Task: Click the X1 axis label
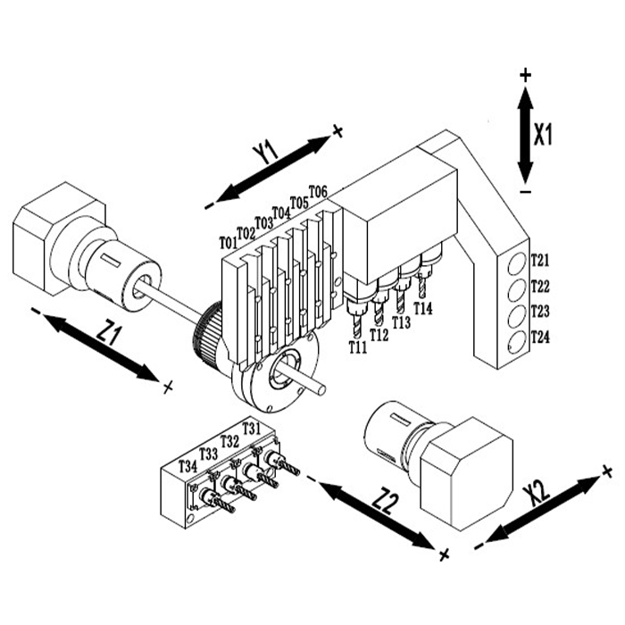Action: pos(543,135)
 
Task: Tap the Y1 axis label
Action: pos(265,153)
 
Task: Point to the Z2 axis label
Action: pos(386,502)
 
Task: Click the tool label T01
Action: pos(229,242)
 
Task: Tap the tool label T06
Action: pos(318,191)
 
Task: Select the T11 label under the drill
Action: pos(358,347)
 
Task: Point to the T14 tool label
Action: pos(423,308)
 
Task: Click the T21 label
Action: pos(540,261)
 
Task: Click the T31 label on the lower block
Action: pos(251,428)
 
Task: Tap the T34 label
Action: pos(187,465)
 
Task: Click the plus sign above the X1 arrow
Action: pos(526,74)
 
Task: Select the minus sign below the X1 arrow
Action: pos(526,192)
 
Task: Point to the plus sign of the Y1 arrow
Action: pos(337,130)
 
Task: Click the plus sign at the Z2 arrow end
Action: pos(444,554)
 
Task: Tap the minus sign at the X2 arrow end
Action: pos(479,546)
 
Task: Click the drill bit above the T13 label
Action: pos(400,302)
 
